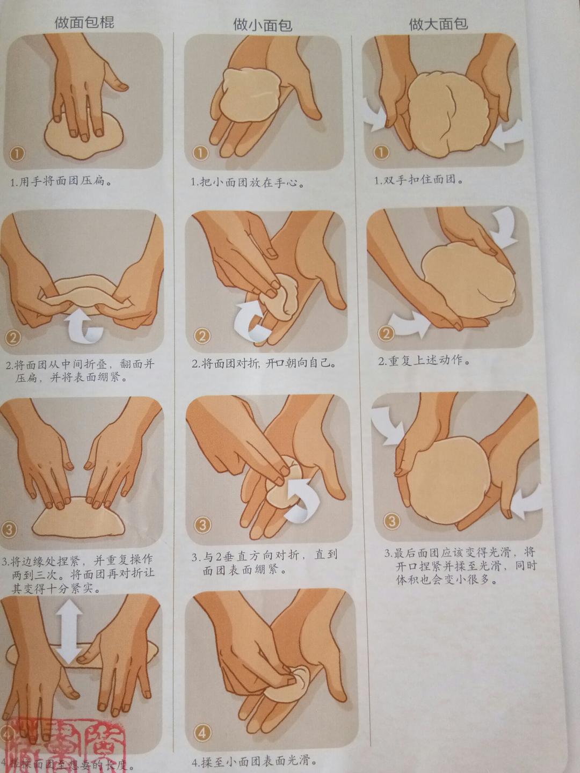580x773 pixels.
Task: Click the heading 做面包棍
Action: (x=84, y=23)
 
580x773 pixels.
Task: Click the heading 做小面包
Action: (x=262, y=25)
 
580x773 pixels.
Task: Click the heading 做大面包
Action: (x=438, y=24)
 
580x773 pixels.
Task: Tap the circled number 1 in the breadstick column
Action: (x=17, y=154)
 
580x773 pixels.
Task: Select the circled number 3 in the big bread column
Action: (x=392, y=520)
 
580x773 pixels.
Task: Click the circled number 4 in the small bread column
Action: (x=203, y=732)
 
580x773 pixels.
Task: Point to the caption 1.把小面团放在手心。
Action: (x=248, y=183)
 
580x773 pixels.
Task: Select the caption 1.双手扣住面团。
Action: (x=419, y=180)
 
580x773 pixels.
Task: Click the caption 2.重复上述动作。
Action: (x=424, y=361)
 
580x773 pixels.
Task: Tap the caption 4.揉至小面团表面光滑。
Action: (x=253, y=761)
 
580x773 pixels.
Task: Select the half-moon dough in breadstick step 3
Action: (x=78, y=516)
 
